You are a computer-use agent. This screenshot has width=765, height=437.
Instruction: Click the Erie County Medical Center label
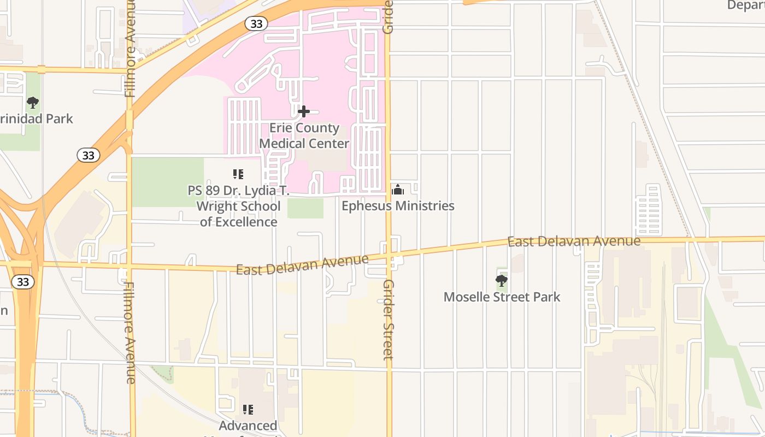[304, 136]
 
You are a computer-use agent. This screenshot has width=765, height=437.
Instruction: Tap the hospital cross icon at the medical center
[304, 111]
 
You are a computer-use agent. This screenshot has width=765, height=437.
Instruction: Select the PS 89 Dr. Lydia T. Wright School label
[238, 206]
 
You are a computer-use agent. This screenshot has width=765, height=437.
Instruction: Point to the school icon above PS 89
[238, 174]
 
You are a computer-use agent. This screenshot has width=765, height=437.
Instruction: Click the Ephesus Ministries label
[398, 206]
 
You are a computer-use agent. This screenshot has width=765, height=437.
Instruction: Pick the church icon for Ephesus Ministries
[398, 190]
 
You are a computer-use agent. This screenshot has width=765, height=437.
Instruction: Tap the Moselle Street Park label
[502, 297]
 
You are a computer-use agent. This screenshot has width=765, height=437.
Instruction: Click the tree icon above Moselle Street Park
[501, 281]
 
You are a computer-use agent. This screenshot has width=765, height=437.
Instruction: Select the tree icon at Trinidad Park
[33, 102]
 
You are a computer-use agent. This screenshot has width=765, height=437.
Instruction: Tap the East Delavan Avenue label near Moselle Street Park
[574, 241]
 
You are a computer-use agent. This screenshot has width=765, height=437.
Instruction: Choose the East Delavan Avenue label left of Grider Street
[302, 264]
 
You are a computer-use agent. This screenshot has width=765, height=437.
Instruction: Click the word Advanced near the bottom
[248, 426]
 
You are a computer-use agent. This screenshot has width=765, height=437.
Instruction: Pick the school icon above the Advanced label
[248, 409]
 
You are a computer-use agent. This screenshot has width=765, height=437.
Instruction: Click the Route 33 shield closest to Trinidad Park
[89, 156]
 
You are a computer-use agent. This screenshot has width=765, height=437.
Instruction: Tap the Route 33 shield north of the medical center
[256, 23]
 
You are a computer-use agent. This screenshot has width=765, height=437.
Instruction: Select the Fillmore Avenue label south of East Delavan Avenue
[130, 333]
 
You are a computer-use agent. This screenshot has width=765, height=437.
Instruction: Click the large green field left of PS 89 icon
[167, 182]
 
